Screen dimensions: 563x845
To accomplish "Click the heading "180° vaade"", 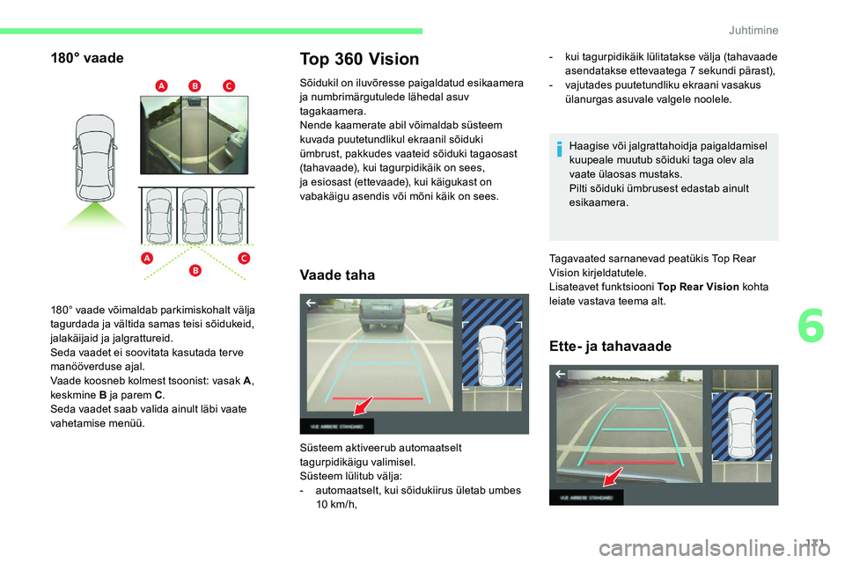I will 86,58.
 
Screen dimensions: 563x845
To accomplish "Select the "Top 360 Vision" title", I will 360,59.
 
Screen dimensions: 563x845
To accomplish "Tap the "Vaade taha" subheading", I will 337,275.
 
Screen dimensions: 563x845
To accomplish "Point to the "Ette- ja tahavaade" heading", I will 610,346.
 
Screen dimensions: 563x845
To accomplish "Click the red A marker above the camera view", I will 161,84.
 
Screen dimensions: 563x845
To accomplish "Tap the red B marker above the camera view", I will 195,84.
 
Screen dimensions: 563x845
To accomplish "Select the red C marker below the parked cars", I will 243,258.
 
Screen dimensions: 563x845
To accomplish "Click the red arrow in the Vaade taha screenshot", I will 362,406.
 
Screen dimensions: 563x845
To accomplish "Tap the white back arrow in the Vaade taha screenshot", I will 311,303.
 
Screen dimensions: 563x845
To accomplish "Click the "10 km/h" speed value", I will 336,504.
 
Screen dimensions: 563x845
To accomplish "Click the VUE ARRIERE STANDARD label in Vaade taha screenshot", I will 337,426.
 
